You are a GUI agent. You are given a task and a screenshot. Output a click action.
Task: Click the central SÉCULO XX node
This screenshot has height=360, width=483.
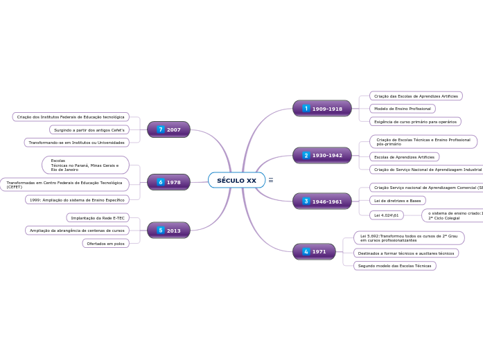tap(236, 180)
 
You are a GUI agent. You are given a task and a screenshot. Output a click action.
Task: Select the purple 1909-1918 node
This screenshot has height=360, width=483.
tap(322, 109)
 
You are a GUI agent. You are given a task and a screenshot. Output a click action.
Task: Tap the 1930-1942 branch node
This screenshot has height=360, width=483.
tap(322, 156)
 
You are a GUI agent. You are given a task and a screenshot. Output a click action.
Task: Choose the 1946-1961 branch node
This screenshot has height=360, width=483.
tap(322, 201)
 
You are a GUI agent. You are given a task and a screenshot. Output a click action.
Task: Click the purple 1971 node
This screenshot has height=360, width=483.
tap(314, 252)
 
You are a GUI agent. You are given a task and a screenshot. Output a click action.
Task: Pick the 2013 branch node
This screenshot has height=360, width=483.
tap(168, 231)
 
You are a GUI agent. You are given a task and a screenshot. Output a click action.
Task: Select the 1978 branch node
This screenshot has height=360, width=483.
tap(168, 182)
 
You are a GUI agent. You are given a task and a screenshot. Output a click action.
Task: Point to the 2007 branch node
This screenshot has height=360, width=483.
tap(168, 129)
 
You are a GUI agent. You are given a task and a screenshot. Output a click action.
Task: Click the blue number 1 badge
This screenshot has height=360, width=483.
tap(306, 109)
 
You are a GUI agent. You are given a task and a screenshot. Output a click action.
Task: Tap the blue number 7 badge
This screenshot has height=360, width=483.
tap(161, 129)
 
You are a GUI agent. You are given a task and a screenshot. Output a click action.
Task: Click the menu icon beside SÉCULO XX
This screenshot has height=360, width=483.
tap(271, 180)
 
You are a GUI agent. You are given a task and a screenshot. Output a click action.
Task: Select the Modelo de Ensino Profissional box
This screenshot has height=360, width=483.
tap(402, 109)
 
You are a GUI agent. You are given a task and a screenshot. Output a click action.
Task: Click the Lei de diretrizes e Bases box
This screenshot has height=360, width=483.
tap(397, 201)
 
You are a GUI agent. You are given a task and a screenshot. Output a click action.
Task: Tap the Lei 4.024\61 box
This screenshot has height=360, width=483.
tap(387, 215)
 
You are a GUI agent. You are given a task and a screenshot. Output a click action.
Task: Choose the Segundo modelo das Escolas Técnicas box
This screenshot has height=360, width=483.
tap(394, 266)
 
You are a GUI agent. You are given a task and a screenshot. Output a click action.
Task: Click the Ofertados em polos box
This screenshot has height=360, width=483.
tap(105, 244)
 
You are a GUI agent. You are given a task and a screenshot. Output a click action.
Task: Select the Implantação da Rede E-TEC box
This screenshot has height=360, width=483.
tap(98, 217)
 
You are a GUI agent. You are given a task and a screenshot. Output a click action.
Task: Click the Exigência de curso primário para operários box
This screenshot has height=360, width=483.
tap(415, 122)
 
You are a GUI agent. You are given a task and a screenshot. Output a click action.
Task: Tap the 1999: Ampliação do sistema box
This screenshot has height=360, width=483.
tap(77, 200)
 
